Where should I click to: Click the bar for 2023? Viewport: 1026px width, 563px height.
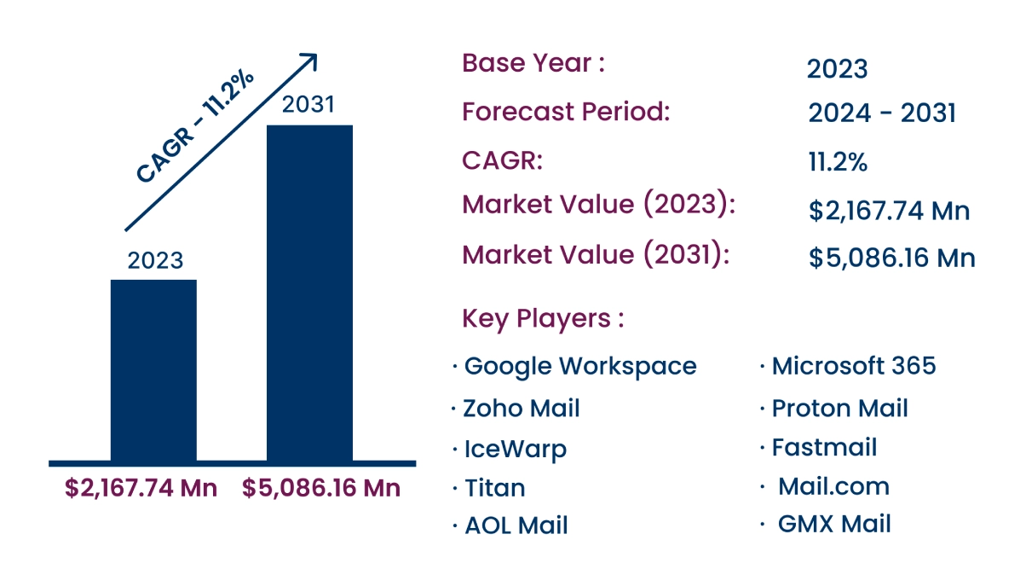pyautogui.click(x=153, y=370)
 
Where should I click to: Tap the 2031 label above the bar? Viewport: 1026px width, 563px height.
pyautogui.click(x=308, y=105)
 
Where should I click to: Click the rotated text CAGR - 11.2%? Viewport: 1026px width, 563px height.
pyautogui.click(x=196, y=125)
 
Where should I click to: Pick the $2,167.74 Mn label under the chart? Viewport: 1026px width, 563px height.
pyautogui.click(x=141, y=489)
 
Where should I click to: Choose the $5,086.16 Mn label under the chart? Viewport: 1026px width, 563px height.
pyautogui.click(x=321, y=489)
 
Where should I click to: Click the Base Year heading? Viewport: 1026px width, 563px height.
pyautogui.click(x=533, y=63)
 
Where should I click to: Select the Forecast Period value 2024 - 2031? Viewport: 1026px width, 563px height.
pyautogui.click(x=881, y=113)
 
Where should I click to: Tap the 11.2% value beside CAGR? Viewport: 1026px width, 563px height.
pyautogui.click(x=837, y=162)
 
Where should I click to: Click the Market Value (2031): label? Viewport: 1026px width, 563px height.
pyautogui.click(x=596, y=255)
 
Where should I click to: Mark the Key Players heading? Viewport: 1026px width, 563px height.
pyautogui.click(x=543, y=318)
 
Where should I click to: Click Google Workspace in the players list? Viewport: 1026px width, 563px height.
pyautogui.click(x=580, y=366)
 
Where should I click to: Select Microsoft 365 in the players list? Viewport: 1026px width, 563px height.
pyautogui.click(x=854, y=366)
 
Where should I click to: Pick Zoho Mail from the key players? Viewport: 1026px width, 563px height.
pyautogui.click(x=522, y=408)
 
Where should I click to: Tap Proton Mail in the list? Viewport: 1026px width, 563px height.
pyautogui.click(x=839, y=409)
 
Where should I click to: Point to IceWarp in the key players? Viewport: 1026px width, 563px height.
pyautogui.click(x=515, y=449)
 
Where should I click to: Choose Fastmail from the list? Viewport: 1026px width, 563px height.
pyautogui.click(x=824, y=447)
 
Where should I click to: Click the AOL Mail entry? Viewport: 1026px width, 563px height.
pyautogui.click(x=516, y=525)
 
